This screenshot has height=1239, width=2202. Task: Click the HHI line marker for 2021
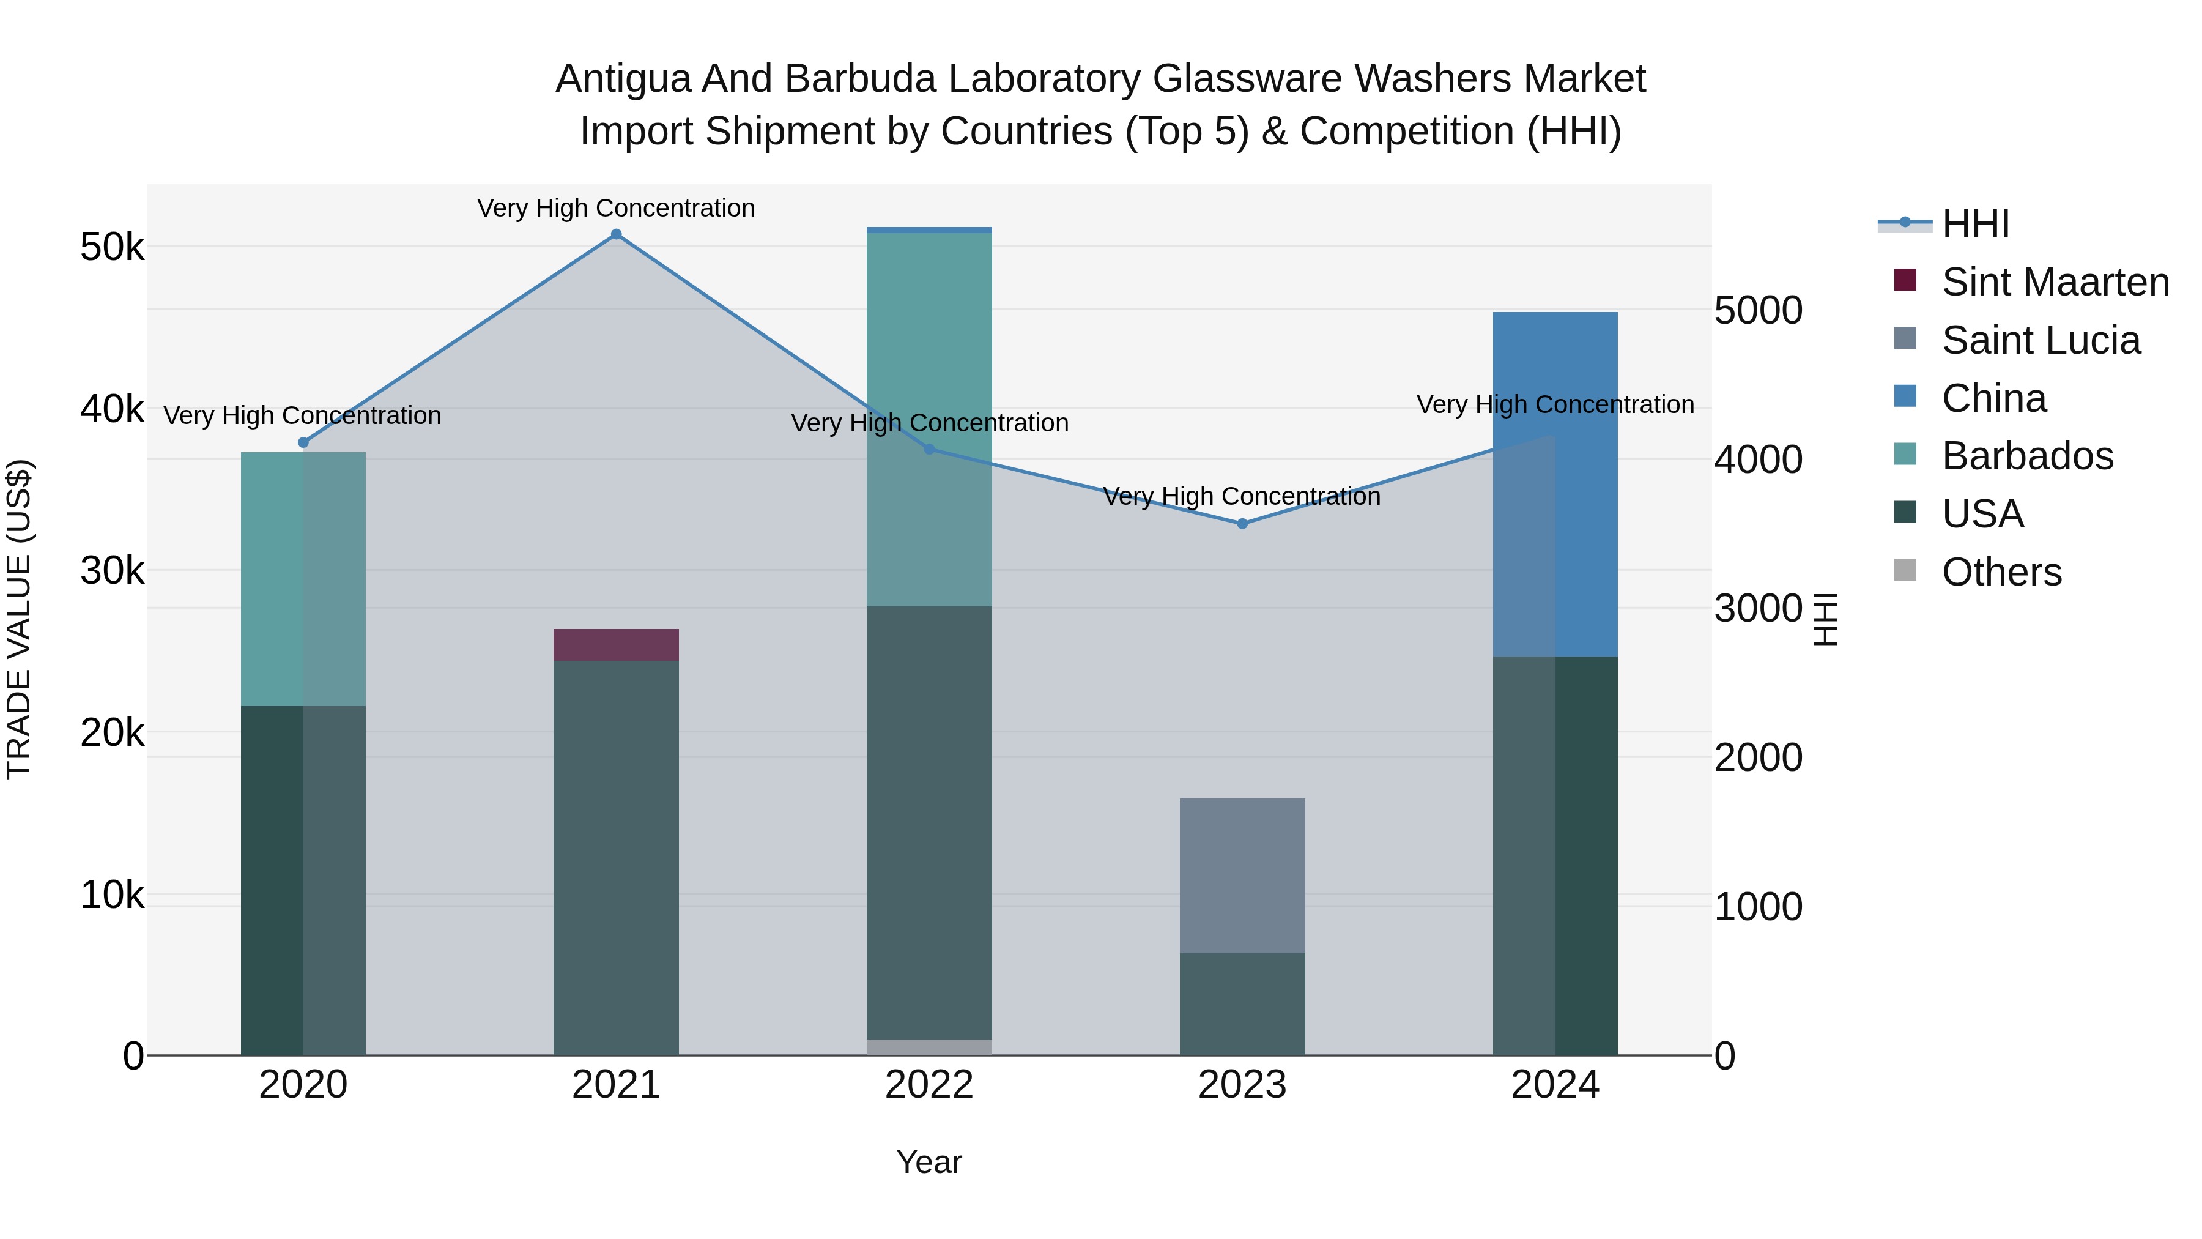pos(615,234)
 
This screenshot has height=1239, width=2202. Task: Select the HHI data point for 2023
pos(1242,523)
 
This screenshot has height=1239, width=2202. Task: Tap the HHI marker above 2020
pos(303,442)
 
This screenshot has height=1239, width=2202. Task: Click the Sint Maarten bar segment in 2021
pos(615,645)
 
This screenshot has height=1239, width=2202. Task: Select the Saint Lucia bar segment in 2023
pos(1242,875)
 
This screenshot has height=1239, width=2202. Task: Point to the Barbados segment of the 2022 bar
pos(929,419)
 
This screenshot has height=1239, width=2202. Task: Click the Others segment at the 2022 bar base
pos(929,1047)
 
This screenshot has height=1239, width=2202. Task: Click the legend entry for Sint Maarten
pos(2055,282)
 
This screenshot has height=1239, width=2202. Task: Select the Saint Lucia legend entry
pos(2041,340)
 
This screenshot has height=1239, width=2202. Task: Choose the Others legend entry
pos(2001,572)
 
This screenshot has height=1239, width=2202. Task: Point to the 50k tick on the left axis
pos(112,248)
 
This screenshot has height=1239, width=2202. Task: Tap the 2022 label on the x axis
pos(929,1085)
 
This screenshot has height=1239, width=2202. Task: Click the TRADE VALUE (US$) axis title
pos(19,619)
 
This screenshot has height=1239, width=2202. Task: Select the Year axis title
pos(929,1162)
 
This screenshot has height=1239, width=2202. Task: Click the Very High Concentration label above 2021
pos(615,208)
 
